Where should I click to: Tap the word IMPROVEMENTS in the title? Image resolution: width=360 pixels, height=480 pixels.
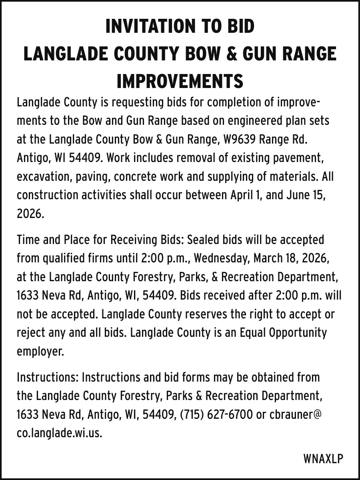180,81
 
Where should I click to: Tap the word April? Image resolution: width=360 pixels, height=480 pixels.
243,195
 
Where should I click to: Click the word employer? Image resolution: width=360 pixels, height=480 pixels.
40,351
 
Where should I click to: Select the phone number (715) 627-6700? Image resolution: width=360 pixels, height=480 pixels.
216,415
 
